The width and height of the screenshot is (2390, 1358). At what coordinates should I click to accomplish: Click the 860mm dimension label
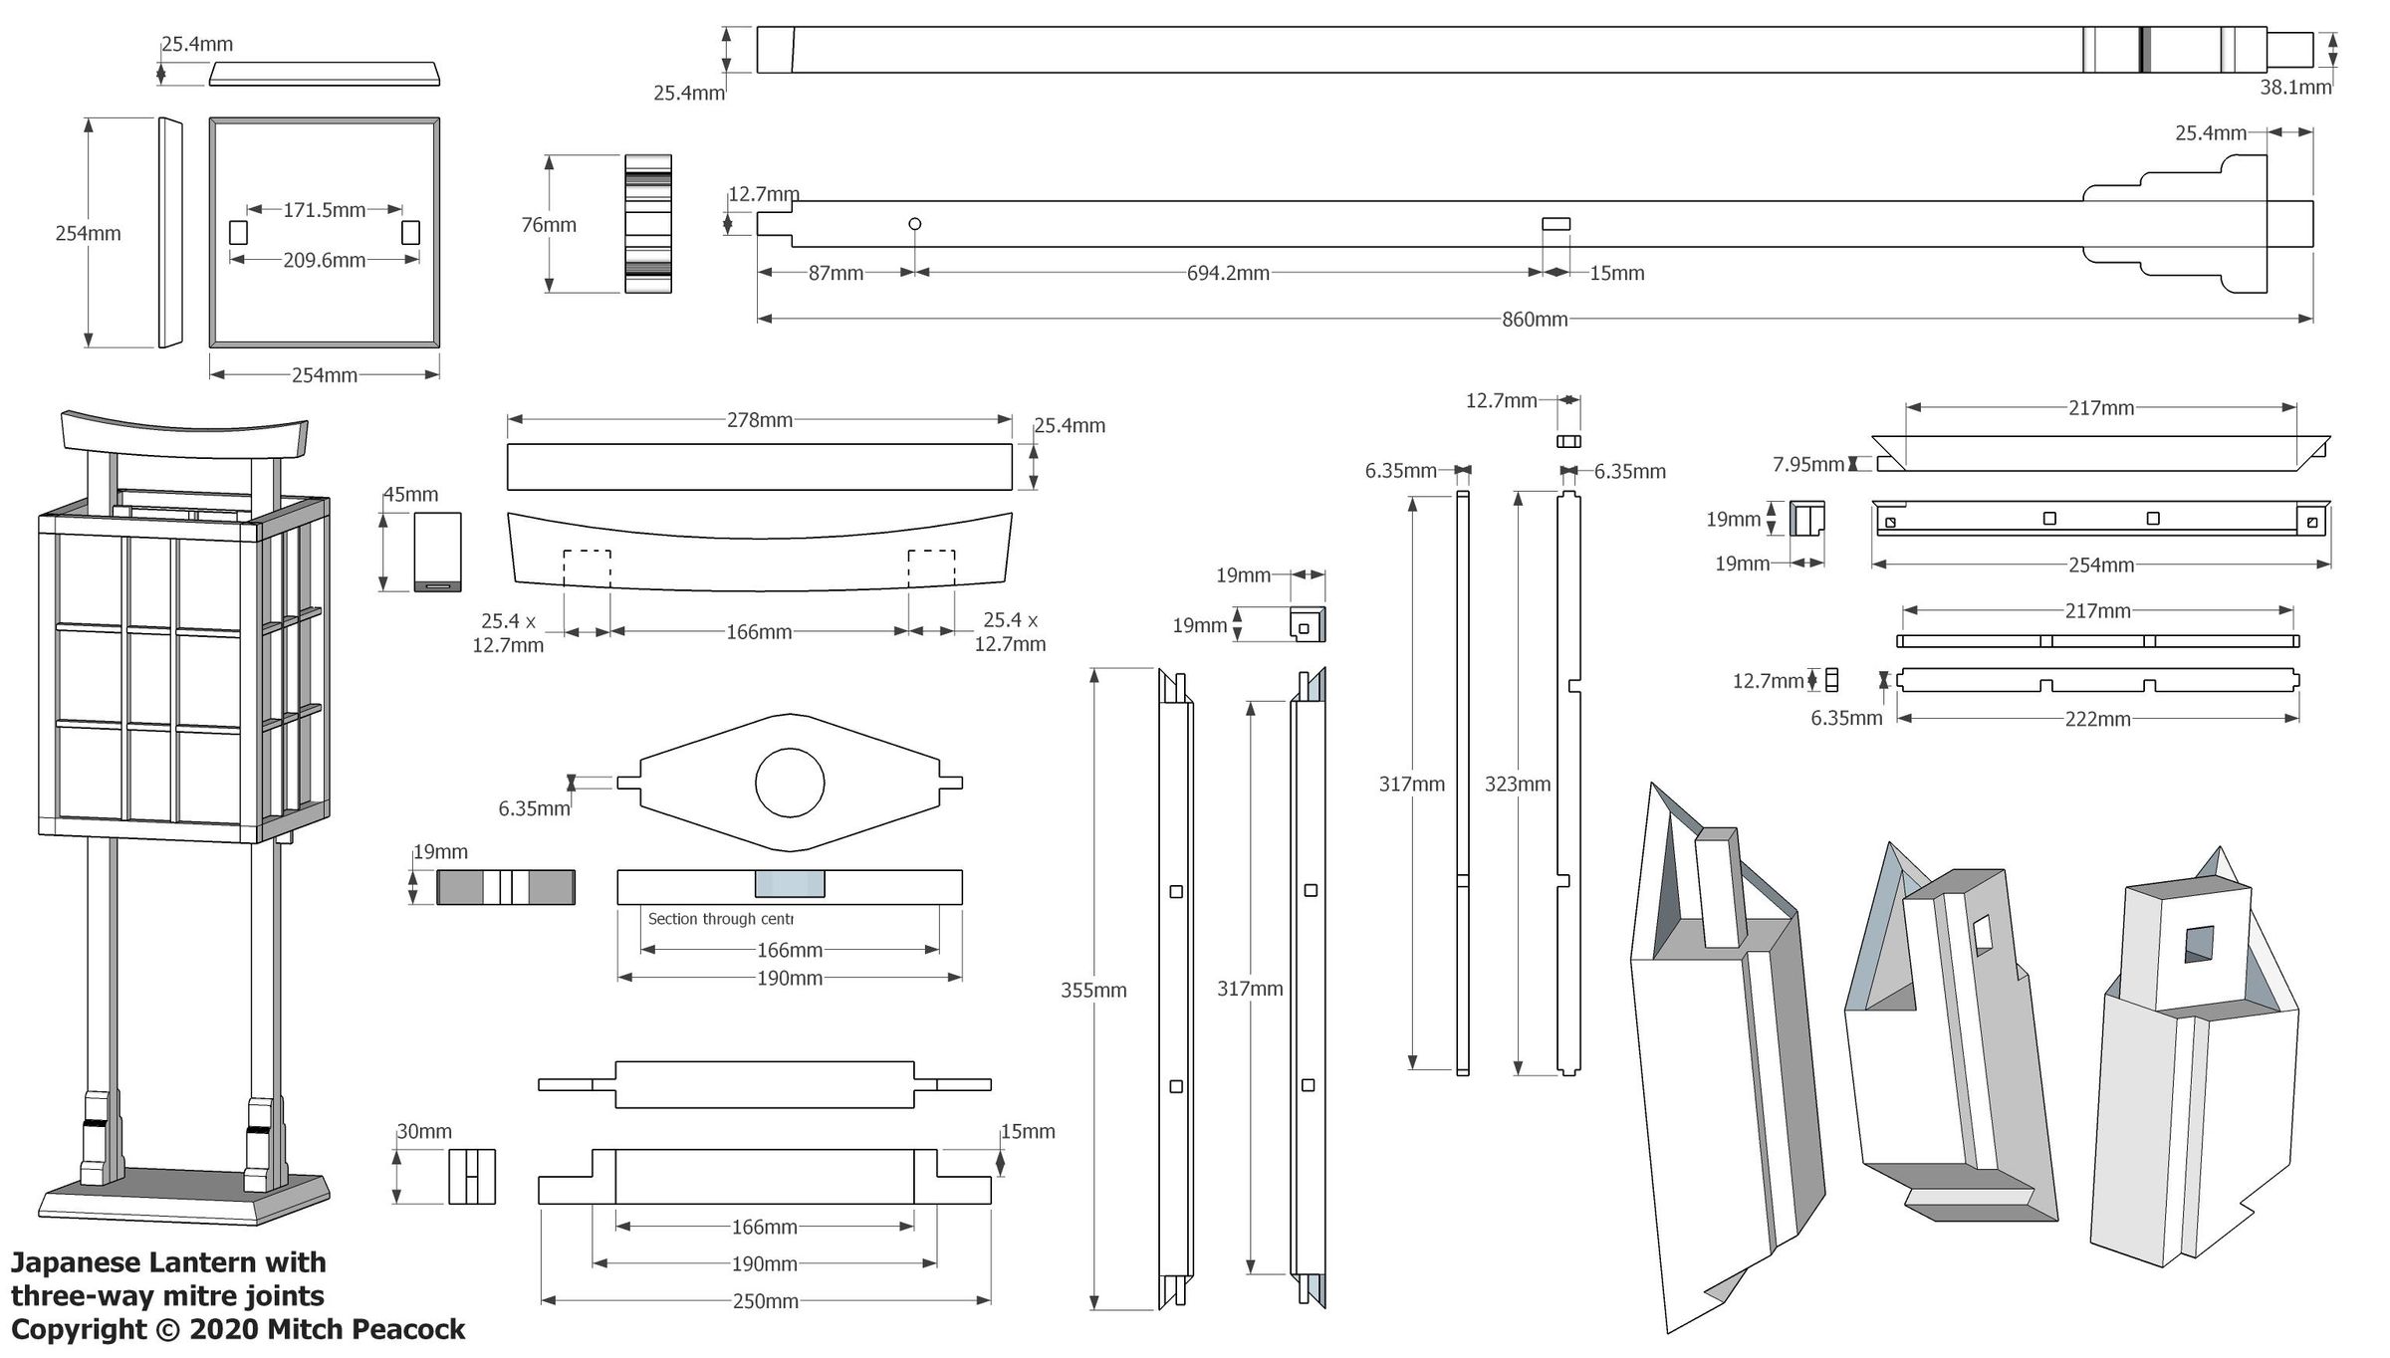coord(1534,320)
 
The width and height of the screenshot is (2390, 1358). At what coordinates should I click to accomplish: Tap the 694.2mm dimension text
coord(1227,273)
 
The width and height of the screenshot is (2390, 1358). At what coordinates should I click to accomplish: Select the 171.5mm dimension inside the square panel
coord(324,210)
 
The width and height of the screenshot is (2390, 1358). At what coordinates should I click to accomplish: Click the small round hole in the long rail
coord(915,224)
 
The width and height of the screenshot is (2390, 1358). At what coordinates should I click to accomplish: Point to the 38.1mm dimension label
coord(2294,88)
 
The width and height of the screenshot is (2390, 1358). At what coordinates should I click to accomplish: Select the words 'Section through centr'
coord(720,919)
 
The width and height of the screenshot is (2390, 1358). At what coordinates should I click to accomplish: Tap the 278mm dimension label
coord(759,420)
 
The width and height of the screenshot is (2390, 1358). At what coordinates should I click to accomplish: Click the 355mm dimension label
coord(1093,990)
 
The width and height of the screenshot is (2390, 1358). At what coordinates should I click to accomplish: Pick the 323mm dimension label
coord(1517,784)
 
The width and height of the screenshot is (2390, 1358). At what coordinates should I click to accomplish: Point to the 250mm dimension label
coord(765,1301)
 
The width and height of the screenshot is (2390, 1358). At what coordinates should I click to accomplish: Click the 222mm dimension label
coord(2097,719)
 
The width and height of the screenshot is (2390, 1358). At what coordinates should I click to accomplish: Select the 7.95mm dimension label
coord(1807,464)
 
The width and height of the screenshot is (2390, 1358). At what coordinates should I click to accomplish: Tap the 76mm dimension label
coord(549,225)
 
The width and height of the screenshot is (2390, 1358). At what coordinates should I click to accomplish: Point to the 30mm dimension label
coord(424,1132)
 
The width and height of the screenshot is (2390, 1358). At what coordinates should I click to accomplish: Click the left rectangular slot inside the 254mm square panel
coord(238,233)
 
